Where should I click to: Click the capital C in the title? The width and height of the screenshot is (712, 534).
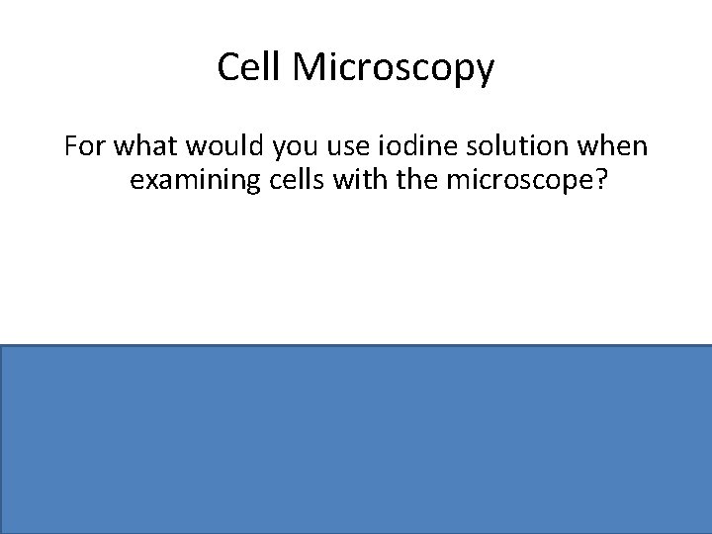pos(226,68)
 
